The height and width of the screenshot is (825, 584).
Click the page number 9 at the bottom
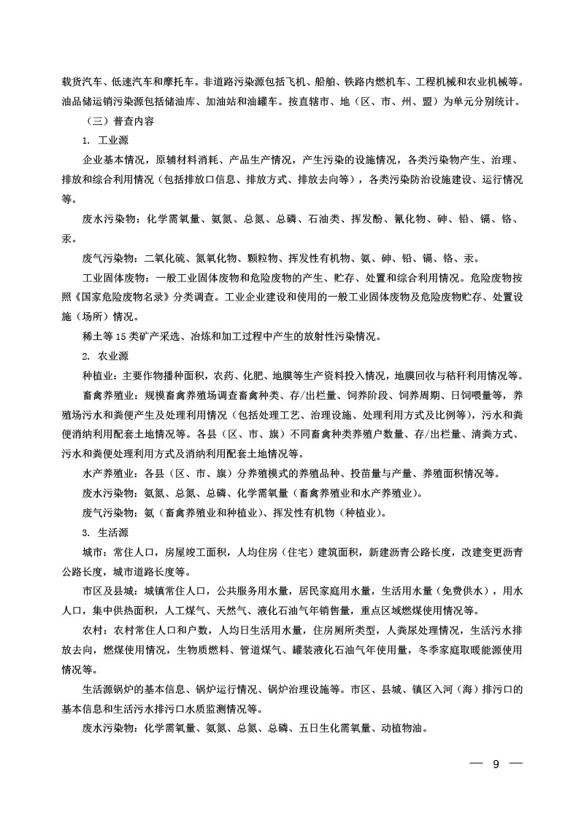[x=496, y=765]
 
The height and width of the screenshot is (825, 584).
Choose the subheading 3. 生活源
[x=107, y=532]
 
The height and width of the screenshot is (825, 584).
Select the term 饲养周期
[x=415, y=395]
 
